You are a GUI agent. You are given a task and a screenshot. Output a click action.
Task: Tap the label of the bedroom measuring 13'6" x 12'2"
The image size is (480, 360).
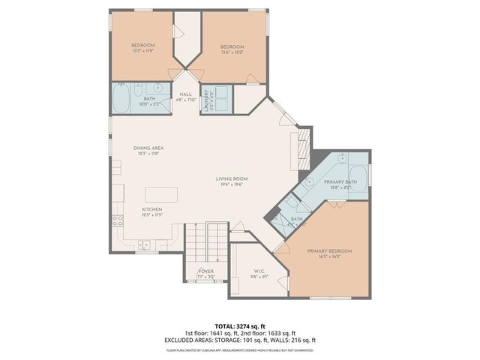(x=232, y=49)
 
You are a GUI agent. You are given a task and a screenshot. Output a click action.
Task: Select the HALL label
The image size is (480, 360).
(x=185, y=97)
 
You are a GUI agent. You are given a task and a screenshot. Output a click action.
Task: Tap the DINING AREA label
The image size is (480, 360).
(x=148, y=150)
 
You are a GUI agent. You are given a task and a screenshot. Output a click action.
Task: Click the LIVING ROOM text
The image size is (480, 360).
(x=232, y=181)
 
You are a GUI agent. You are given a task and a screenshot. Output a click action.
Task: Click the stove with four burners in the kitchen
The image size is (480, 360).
(x=118, y=220)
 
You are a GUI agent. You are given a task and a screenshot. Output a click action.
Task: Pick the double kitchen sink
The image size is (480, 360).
(x=143, y=244)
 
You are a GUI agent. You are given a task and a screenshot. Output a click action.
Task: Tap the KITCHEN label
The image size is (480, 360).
(x=153, y=211)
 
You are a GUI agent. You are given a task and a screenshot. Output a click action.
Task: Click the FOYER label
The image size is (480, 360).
(x=205, y=272)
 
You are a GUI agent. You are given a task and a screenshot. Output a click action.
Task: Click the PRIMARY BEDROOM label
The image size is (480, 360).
(x=329, y=253)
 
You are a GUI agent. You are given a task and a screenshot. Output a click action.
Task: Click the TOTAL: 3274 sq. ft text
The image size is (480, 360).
(x=239, y=326)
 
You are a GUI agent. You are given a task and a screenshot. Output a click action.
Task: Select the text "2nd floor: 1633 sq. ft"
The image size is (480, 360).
(x=267, y=333)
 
